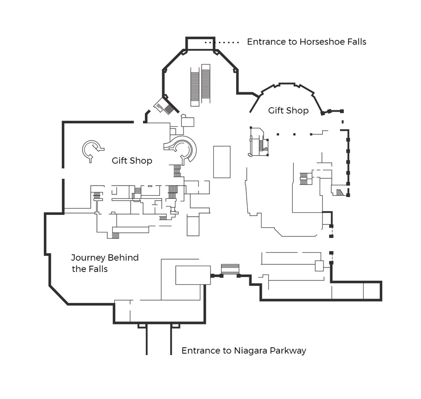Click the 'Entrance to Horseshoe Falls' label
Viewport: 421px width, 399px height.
point(306,42)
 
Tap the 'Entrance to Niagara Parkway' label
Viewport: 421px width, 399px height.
point(244,351)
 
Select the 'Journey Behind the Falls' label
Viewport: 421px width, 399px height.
point(105,263)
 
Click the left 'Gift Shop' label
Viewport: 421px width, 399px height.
point(132,161)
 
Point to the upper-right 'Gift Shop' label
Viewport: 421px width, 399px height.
point(288,111)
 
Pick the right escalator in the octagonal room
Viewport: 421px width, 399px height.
point(206,84)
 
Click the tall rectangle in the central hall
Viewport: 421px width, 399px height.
point(222,162)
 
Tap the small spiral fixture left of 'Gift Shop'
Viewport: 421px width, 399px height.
point(92,151)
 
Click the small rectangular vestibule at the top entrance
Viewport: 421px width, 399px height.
point(200,43)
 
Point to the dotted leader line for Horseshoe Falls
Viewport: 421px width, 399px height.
point(222,42)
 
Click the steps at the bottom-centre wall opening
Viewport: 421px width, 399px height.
point(230,269)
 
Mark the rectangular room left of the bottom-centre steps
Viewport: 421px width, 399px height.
point(193,275)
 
